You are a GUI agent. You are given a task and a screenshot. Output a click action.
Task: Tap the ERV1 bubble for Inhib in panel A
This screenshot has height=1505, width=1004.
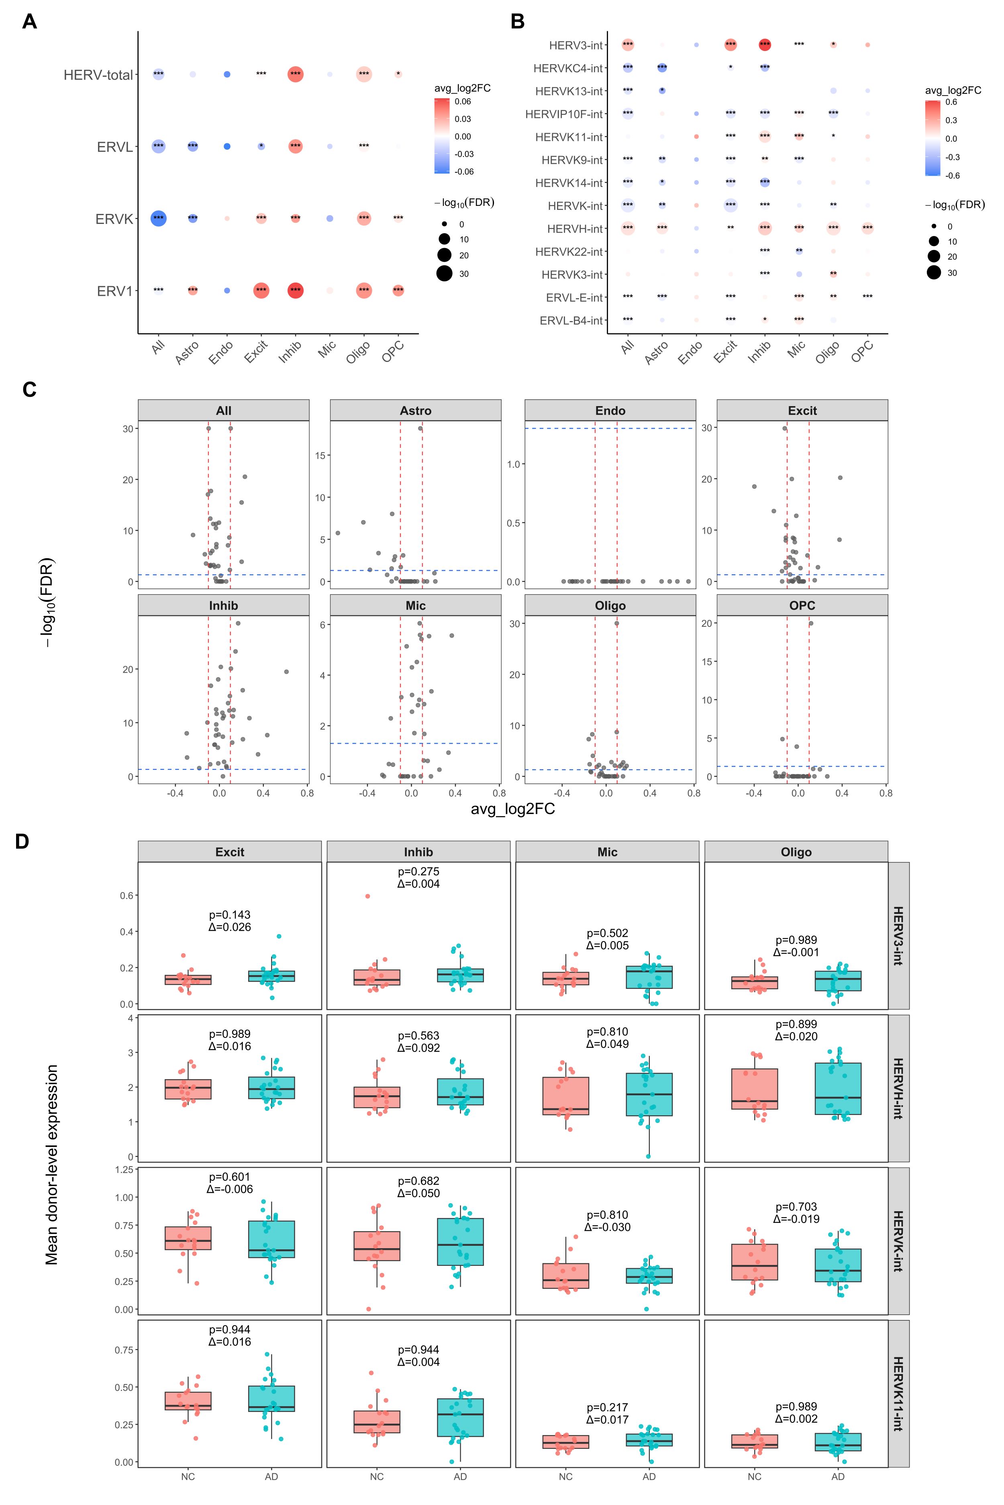click(295, 291)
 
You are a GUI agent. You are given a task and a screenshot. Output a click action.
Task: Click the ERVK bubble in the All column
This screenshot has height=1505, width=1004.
click(158, 218)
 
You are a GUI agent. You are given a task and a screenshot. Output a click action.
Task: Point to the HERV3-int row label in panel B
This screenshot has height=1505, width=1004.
click(575, 45)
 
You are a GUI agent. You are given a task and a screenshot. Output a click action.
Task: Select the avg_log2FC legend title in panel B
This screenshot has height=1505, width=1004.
click(953, 91)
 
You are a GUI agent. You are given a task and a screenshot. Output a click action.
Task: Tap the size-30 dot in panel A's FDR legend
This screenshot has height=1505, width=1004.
click(444, 274)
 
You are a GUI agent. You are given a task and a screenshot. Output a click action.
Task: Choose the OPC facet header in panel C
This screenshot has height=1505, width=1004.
click(802, 605)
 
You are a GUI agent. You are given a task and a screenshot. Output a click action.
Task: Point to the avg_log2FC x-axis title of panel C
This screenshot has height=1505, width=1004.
click(512, 809)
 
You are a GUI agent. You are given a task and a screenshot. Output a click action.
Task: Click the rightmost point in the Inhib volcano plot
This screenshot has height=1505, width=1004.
click(286, 671)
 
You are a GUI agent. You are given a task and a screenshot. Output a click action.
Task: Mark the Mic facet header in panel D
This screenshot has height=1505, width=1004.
click(607, 852)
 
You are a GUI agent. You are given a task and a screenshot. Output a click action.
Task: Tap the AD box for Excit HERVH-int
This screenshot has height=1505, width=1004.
click(271, 1088)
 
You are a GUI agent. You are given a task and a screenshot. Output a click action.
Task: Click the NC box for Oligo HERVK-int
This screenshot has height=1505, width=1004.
click(754, 1262)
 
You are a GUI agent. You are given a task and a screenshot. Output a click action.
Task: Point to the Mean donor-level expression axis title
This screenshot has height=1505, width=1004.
click(52, 1165)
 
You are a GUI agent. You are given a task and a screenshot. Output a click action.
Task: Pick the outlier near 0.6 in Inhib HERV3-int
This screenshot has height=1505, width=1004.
click(367, 896)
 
